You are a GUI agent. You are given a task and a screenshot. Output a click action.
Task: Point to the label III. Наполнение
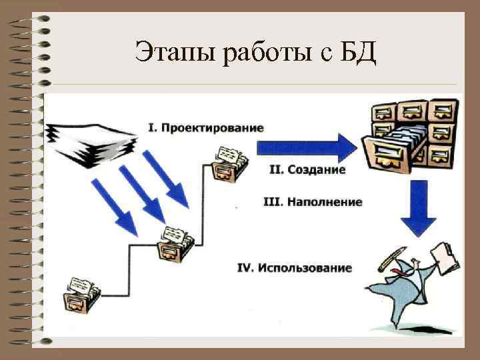click(x=313, y=202)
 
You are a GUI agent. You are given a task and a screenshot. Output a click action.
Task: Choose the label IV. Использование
click(x=295, y=268)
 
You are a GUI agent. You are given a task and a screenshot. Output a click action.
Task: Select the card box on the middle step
click(x=175, y=243)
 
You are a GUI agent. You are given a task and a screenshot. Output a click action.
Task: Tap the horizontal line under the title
click(x=253, y=85)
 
